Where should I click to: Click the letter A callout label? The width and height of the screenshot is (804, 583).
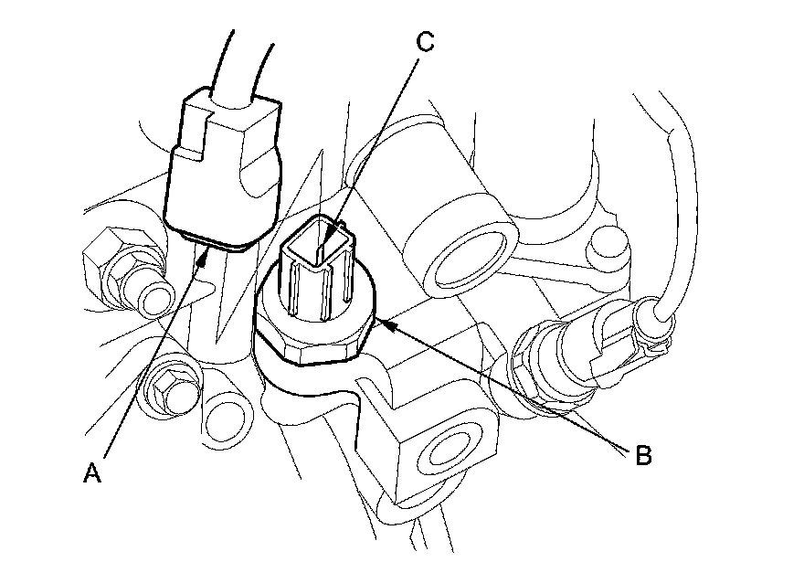tap(92, 472)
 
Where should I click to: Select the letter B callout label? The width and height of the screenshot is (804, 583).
tap(643, 455)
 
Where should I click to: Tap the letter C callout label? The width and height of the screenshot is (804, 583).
tap(425, 42)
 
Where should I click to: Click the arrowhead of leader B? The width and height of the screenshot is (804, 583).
tap(386, 324)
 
